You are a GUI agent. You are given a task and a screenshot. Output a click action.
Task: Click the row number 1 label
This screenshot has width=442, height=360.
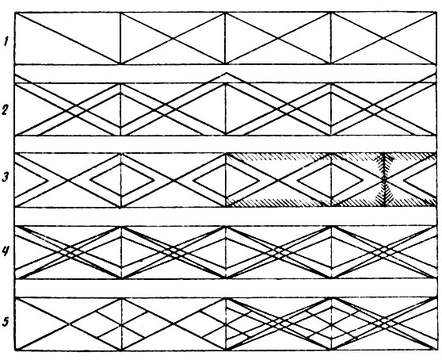(6, 42)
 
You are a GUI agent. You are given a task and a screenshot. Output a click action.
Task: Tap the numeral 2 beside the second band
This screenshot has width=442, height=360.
(5, 109)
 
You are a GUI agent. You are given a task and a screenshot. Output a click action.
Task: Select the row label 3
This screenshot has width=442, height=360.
(5, 178)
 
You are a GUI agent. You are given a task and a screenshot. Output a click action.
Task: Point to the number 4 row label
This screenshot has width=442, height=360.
(6, 251)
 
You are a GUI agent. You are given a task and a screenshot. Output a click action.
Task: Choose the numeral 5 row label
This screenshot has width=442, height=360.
(6, 321)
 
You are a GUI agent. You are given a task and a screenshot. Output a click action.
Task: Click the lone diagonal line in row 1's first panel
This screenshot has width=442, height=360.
(67, 38)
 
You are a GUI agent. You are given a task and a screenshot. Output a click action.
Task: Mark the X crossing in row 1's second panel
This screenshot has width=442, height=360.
(173, 38)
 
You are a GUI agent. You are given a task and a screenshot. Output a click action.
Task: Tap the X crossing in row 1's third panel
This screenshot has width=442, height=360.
(278, 38)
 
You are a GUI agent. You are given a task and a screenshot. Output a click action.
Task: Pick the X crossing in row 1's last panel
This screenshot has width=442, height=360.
(383, 38)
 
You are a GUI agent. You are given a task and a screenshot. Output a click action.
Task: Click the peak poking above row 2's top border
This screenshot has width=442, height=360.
(227, 74)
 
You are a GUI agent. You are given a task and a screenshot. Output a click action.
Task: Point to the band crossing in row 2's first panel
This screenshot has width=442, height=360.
(71, 110)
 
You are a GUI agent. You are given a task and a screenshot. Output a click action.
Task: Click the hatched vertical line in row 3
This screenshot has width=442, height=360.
(384, 179)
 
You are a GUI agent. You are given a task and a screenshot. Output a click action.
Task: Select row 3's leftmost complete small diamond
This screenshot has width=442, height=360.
(121, 179)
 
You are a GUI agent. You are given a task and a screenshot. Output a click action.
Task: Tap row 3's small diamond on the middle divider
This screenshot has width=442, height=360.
(226, 179)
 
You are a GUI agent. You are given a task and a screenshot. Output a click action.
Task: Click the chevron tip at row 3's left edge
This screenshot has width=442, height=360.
(47, 180)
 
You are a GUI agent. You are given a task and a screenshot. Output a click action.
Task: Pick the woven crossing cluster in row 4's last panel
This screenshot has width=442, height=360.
(383, 252)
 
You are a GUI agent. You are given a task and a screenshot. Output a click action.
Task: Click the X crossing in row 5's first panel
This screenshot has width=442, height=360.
(68, 324)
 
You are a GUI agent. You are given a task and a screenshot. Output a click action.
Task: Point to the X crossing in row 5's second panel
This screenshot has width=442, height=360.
(173, 324)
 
